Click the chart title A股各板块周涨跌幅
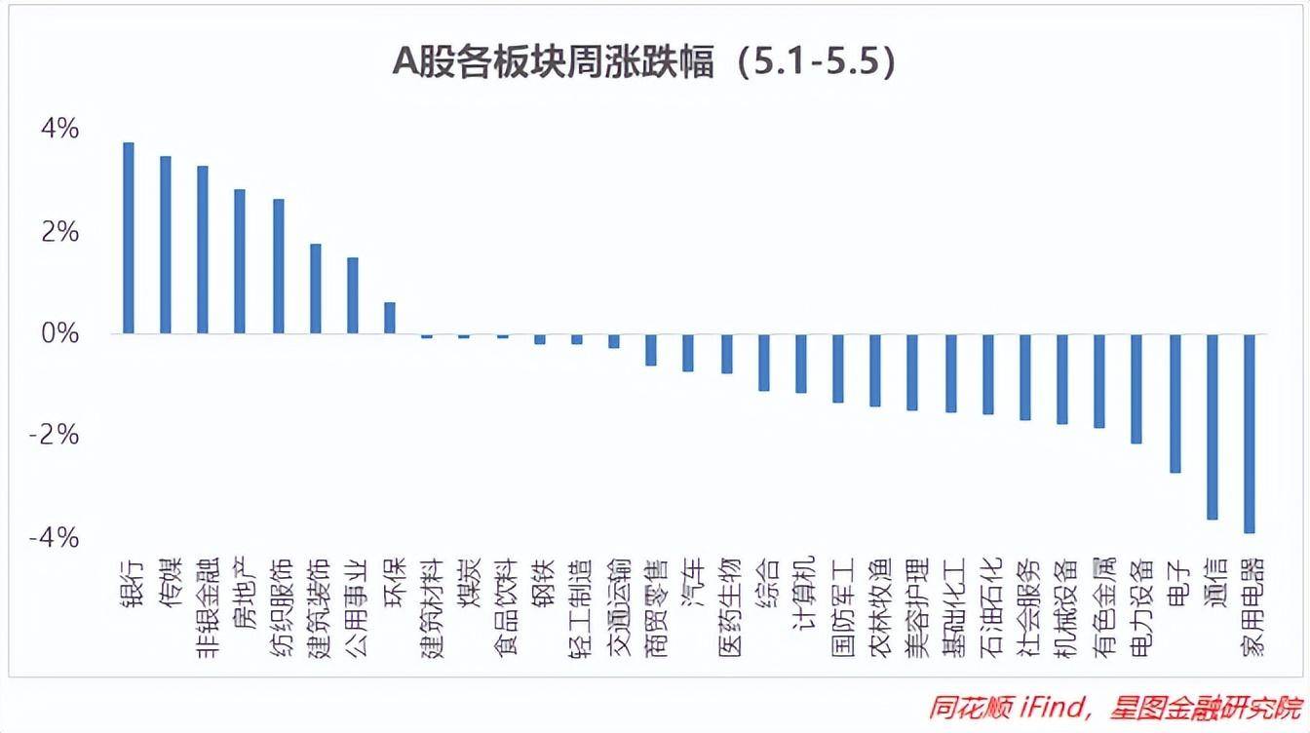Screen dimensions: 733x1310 tap(643, 62)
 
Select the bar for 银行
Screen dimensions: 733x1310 tap(128, 238)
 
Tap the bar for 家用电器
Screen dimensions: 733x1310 tap(1250, 434)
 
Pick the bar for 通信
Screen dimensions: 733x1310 tap(1213, 427)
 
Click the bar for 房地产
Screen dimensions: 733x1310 tap(240, 261)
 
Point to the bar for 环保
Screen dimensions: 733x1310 tap(390, 318)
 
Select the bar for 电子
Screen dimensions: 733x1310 tap(1175, 404)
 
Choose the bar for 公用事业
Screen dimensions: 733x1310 tap(353, 295)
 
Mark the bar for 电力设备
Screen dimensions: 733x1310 tap(1137, 389)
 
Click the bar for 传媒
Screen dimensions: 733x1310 tap(166, 245)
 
